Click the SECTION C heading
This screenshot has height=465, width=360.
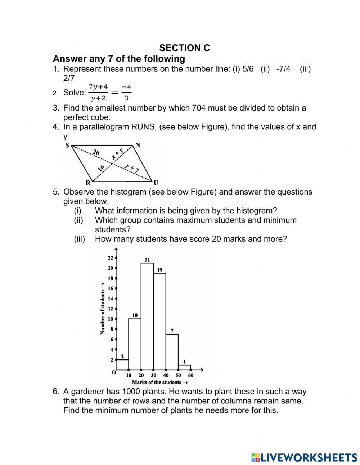tap(184, 48)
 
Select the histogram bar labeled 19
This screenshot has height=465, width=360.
tap(159, 321)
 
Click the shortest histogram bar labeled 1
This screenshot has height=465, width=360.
tap(184, 367)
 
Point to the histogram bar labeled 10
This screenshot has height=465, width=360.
tap(135, 344)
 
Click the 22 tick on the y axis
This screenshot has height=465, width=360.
tap(111, 258)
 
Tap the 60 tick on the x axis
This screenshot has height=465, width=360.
tap(190, 375)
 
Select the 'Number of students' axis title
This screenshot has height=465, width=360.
tap(103, 312)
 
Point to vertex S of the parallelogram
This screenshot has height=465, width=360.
tap(67, 146)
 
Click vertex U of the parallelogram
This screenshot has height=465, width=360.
tap(156, 183)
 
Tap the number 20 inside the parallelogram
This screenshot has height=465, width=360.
tap(95, 153)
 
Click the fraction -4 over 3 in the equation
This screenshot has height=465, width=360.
tap(126, 93)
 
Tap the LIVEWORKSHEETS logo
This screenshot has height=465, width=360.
tap(304, 457)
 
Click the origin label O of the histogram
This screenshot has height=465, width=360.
tap(114, 372)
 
